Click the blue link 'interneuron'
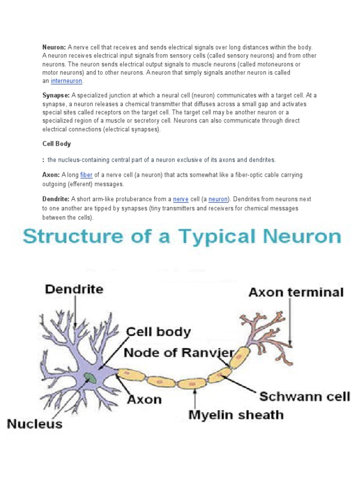(x=67, y=81)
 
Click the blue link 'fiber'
(x=86, y=175)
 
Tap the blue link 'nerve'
(x=180, y=199)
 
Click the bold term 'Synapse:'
(x=56, y=96)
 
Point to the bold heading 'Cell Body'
(x=57, y=143)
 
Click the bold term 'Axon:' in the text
(x=51, y=175)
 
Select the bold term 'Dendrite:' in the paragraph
(x=56, y=199)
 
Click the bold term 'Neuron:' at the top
(x=54, y=47)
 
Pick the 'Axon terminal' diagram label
(x=296, y=292)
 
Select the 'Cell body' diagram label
(x=159, y=332)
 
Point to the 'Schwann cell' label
(x=305, y=397)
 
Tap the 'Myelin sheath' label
(x=236, y=414)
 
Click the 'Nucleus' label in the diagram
(x=35, y=424)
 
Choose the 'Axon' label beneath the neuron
(x=144, y=399)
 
